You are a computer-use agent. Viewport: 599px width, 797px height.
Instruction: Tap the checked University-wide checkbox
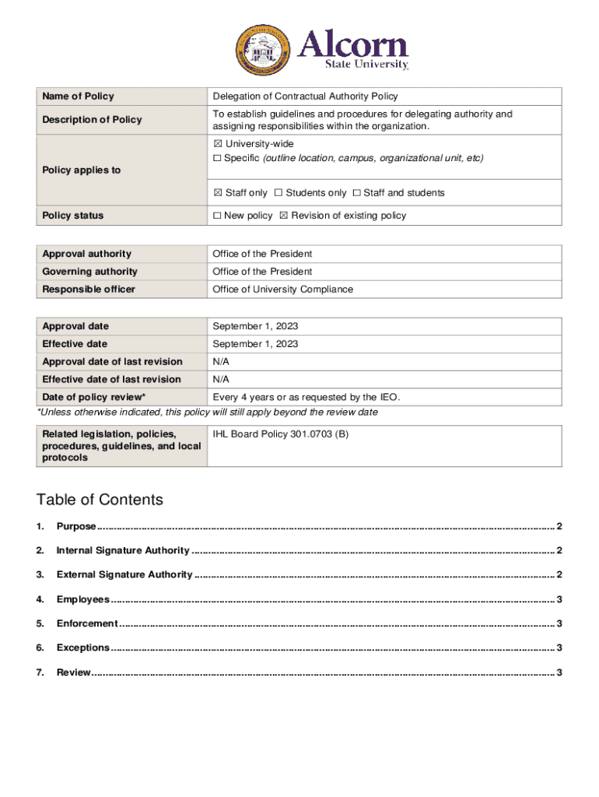(x=217, y=144)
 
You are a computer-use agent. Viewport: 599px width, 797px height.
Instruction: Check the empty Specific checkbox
(x=217, y=158)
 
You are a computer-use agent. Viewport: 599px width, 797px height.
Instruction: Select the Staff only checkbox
(x=218, y=193)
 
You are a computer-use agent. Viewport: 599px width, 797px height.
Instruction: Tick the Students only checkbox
(x=278, y=193)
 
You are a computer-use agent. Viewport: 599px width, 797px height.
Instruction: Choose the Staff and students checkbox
(x=356, y=193)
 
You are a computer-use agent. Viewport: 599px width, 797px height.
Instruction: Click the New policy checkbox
(x=217, y=216)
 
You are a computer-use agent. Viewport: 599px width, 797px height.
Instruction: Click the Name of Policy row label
(x=78, y=97)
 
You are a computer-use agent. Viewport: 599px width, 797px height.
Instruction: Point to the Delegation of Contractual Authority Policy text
(x=305, y=97)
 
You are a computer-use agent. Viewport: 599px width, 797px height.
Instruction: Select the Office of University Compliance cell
(x=282, y=290)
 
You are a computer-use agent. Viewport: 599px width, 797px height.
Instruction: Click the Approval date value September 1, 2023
(x=255, y=326)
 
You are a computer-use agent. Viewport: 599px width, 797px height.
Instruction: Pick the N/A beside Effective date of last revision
(x=221, y=379)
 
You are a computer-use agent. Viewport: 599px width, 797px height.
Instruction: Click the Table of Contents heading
(x=100, y=500)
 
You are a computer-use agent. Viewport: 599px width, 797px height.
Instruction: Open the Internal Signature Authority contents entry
(x=123, y=551)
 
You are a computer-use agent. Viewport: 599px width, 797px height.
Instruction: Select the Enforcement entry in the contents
(x=87, y=623)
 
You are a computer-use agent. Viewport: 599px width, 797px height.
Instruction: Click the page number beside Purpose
(x=559, y=527)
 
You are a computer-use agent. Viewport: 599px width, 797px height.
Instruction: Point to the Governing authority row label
(x=89, y=272)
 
